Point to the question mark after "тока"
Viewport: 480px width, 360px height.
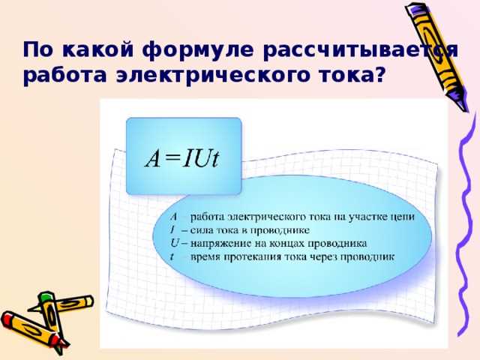coord(380,75)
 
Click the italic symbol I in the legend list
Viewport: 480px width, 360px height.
coord(172,229)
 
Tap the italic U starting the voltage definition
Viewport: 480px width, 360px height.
coord(174,243)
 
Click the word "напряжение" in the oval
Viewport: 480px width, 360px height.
coord(221,243)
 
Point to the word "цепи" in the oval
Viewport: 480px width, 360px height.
coord(420,216)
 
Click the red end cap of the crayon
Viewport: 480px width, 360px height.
coord(9,320)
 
